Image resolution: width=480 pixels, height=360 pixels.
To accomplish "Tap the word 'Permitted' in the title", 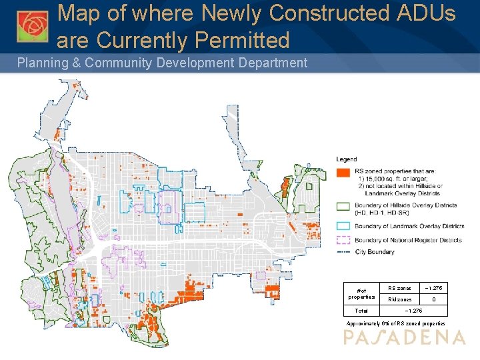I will click(242, 41).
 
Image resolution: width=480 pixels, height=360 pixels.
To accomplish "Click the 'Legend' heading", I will click(347, 159).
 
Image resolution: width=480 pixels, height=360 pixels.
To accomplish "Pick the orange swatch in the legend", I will click(344, 171).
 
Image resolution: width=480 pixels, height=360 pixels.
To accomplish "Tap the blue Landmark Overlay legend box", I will click(344, 226).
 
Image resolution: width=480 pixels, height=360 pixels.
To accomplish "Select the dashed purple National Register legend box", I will click(344, 240).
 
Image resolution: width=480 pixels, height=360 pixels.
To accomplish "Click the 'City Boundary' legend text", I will click(375, 252).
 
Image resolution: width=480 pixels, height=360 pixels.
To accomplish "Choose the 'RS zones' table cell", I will click(399, 288).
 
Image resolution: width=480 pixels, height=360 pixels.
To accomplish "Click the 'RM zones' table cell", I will click(399, 299).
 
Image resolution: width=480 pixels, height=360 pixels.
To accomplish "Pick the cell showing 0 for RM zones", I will click(433, 299).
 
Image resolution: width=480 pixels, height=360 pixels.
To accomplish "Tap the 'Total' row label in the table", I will click(361, 311).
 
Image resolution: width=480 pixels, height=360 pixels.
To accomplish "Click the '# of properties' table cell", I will click(361, 293).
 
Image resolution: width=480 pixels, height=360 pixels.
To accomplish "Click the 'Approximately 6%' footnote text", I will click(395, 323).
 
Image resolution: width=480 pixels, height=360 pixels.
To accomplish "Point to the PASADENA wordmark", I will click(404, 338).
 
